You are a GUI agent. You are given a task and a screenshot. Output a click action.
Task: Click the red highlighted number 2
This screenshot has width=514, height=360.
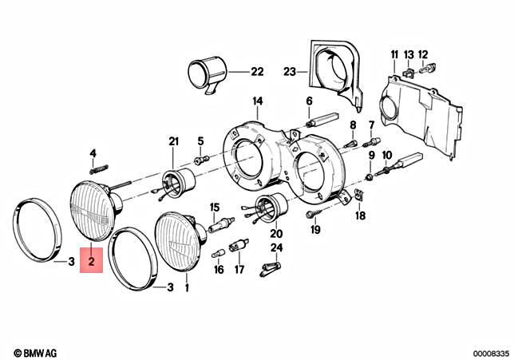pos(92,261)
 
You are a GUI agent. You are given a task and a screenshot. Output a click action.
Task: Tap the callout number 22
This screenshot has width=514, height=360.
pos(256,72)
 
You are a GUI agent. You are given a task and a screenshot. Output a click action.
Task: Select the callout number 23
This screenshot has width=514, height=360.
pos(288,72)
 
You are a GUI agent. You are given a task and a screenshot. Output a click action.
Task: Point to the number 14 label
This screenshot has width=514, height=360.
pos(257,101)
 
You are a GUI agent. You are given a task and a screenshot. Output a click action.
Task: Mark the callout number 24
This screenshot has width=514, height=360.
pos(276,248)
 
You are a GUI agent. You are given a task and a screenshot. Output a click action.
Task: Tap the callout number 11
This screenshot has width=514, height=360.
pos(393,53)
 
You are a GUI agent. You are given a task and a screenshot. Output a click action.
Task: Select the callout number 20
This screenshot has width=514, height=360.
pos(276,234)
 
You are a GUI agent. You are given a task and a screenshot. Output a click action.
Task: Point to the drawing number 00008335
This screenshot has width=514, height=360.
pos(488,351)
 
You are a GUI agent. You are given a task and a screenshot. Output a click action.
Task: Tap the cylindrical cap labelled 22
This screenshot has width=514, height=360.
pos(205,74)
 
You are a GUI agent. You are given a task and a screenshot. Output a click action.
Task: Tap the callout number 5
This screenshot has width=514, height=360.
pos(200,140)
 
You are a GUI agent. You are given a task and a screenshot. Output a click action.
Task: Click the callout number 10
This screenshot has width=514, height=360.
pos(387,155)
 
